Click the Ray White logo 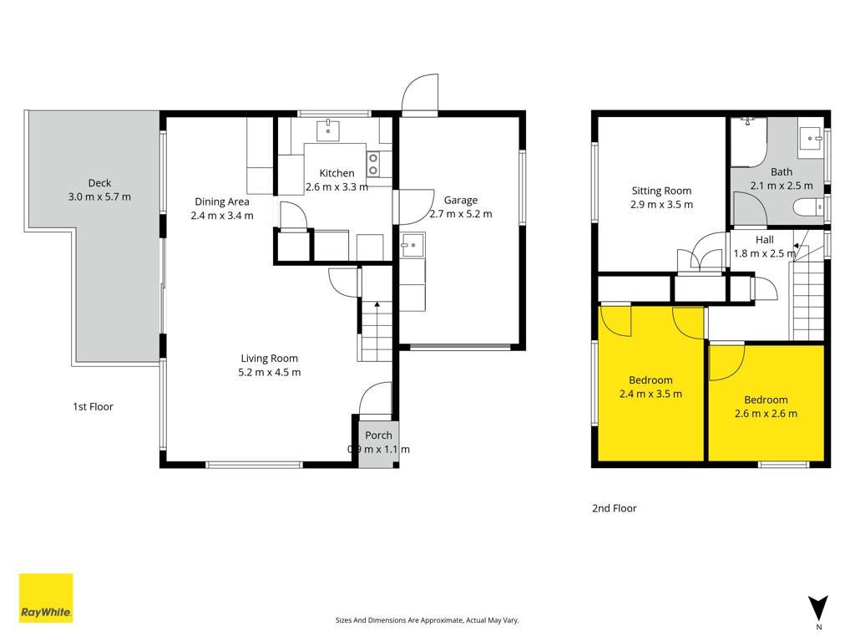tap(46, 597)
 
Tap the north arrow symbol tap(818, 609)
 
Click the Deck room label tap(100, 183)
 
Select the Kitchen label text tap(336, 173)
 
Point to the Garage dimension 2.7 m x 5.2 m tap(461, 214)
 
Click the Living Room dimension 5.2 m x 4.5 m tap(270, 372)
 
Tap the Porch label tap(378, 435)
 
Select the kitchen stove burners tap(373, 164)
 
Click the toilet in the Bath tap(808, 208)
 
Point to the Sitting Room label tap(661, 191)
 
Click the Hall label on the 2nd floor tap(765, 239)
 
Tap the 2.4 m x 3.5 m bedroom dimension tap(650, 394)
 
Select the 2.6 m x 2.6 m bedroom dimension tap(766, 413)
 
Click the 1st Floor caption tap(94, 407)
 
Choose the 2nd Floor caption tap(615, 508)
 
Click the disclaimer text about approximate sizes tap(427, 620)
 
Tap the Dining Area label tap(222, 201)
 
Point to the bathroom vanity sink tap(812, 139)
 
